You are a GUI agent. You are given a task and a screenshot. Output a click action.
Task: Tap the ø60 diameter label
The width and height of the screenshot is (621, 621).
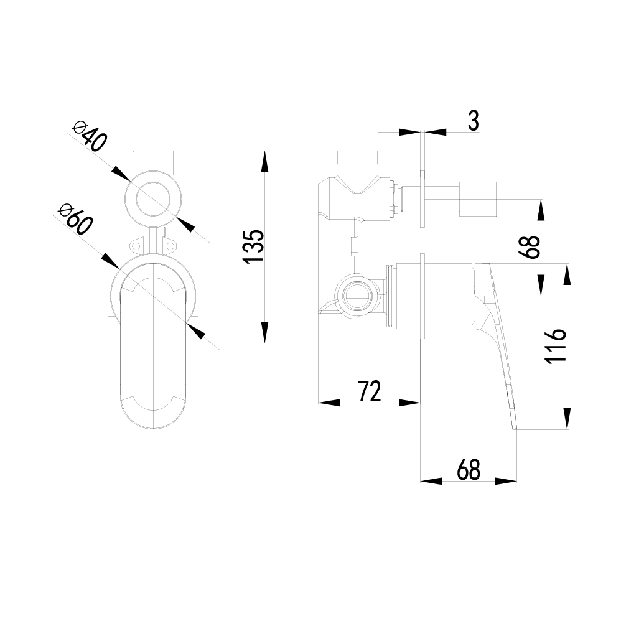(x=75, y=218)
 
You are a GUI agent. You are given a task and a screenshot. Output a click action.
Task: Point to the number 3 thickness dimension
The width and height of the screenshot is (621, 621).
(x=473, y=121)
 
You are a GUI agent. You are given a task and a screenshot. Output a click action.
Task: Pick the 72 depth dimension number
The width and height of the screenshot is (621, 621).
(x=368, y=391)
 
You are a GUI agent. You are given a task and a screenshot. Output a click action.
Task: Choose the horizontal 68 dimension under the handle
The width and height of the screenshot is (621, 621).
(x=468, y=470)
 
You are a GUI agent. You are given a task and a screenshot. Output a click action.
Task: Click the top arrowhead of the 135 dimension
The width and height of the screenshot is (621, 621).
(x=266, y=162)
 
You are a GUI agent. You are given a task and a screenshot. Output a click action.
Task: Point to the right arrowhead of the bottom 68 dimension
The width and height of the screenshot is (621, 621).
(x=507, y=480)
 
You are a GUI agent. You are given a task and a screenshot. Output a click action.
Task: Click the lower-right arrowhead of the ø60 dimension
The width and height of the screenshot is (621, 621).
(x=197, y=332)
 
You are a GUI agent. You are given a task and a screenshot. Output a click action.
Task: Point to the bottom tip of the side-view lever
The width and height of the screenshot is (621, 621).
(x=515, y=427)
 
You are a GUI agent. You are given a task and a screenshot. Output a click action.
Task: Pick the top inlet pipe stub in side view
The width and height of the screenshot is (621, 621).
(x=357, y=164)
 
